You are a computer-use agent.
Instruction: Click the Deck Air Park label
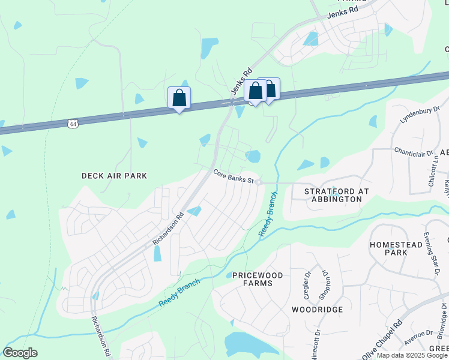(114, 176)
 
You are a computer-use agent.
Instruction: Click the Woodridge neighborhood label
(317, 310)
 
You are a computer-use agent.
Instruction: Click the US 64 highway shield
(73, 124)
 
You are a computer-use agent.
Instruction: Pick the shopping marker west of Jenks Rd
(179, 97)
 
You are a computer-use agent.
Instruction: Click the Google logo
(20, 353)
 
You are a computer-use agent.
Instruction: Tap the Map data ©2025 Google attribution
(412, 355)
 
